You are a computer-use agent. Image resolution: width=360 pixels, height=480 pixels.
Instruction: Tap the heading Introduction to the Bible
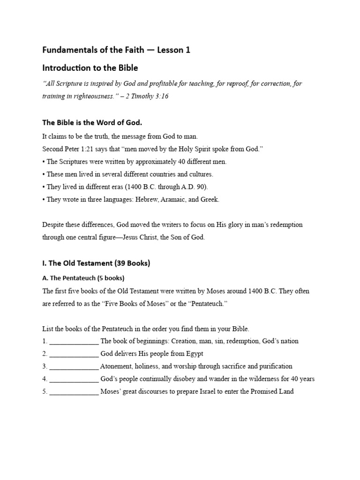pos(90,67)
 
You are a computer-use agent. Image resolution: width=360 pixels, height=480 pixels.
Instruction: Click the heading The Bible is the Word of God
pos(92,122)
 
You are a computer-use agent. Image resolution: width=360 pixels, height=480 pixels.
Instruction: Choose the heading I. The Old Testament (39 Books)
pos(96,263)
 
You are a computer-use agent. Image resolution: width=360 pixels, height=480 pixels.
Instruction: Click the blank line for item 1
pos(74,341)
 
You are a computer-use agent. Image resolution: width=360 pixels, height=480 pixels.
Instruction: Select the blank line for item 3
pos(74,367)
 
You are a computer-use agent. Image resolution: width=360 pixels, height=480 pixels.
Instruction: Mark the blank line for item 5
pos(74,391)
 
